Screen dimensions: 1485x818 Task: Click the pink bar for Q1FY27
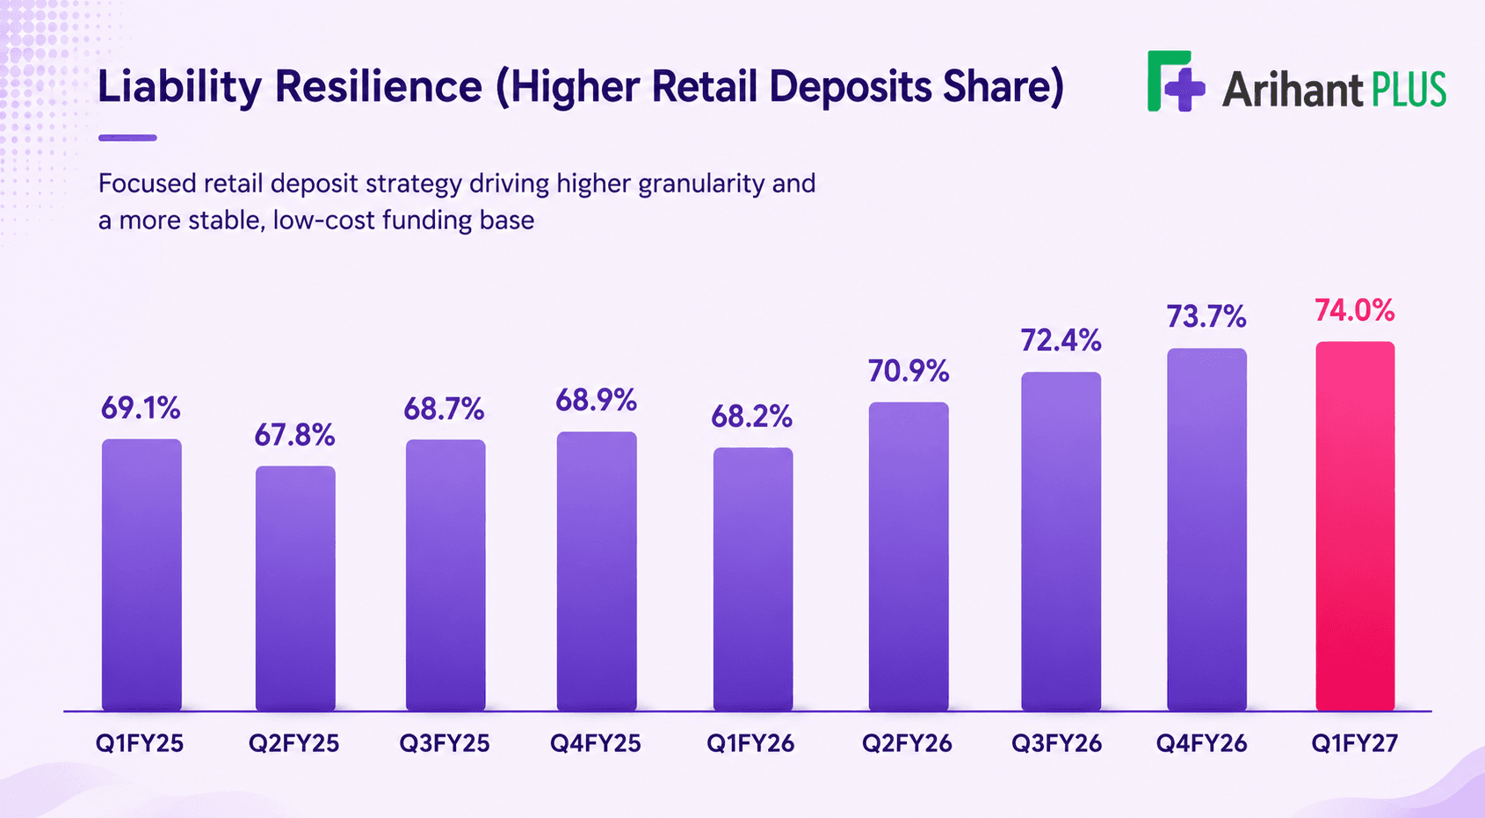(1355, 526)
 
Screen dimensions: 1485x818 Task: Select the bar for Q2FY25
(295, 589)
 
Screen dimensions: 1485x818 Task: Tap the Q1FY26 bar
(753, 579)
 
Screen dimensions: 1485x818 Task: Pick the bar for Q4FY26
(1206, 530)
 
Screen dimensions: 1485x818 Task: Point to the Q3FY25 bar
(445, 575)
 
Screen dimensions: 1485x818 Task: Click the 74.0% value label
(1354, 310)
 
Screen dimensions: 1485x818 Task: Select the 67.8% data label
(294, 435)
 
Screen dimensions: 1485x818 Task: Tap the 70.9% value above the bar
(909, 371)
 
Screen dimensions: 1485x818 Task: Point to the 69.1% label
(141, 408)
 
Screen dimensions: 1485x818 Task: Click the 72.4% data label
(1061, 340)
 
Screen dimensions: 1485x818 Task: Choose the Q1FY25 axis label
(139, 743)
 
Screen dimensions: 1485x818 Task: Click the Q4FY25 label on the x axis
(596, 743)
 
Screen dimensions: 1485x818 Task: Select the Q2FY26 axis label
(906, 743)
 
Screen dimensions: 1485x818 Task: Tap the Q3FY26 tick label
(1056, 743)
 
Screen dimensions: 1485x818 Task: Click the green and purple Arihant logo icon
(1176, 81)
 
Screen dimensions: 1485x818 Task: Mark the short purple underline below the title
(127, 138)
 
